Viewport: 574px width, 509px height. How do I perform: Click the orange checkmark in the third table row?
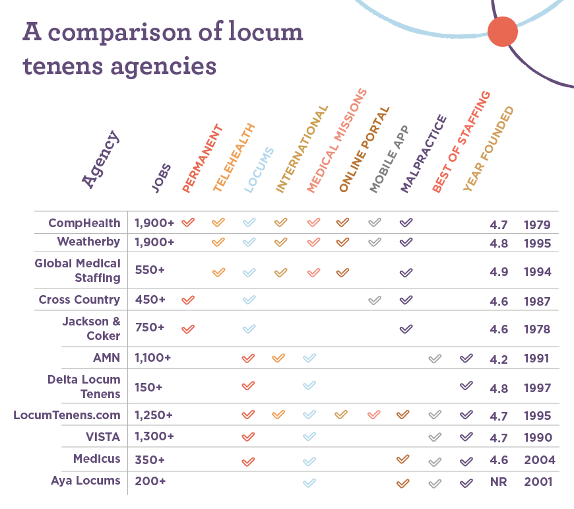[x=220, y=271]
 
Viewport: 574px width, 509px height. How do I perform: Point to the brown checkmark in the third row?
[x=342, y=271]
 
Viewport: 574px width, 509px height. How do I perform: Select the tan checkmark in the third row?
[x=281, y=271]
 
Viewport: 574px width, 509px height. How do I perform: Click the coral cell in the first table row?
[x=196, y=226]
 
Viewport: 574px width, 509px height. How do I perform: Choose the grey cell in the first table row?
[x=383, y=226]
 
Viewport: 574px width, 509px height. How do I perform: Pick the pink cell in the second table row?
[x=321, y=245]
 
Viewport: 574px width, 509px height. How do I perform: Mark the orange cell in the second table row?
[x=226, y=245]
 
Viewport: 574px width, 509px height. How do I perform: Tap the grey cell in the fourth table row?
[x=383, y=302]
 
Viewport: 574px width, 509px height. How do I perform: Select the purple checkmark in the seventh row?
[x=466, y=385]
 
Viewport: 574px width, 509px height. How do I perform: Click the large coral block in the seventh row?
[x=264, y=391]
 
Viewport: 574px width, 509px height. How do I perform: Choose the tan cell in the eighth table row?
[x=350, y=417]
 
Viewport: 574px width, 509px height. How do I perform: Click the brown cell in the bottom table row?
[x=414, y=494]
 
